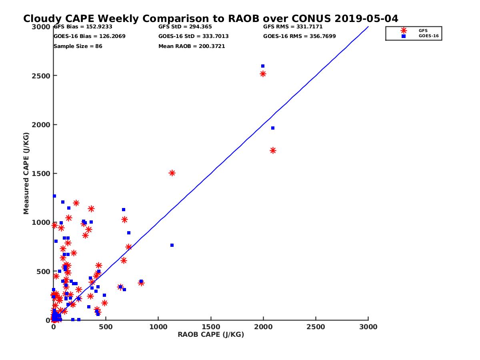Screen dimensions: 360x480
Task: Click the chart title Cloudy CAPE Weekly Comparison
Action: [210, 19]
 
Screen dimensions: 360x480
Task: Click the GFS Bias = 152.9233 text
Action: [83, 27]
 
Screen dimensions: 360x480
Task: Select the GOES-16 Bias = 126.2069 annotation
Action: [89, 36]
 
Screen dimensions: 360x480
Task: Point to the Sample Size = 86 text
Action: [78, 46]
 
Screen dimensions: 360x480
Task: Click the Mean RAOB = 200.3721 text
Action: [192, 46]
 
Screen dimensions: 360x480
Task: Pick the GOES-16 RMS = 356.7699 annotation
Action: [299, 36]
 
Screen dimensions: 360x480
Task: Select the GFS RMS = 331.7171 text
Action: [293, 27]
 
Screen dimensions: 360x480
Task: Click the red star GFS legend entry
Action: [404, 30]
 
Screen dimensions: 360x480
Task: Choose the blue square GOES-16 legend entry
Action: [404, 36]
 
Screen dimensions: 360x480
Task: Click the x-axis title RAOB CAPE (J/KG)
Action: [211, 335]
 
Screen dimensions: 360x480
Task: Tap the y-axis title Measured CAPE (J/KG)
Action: [26, 173]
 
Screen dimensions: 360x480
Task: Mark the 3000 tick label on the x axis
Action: [368, 327]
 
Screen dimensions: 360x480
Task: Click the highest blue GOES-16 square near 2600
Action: [263, 66]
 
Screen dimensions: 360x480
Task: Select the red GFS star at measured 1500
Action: [172, 173]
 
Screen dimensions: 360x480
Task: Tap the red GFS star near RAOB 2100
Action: [273, 150]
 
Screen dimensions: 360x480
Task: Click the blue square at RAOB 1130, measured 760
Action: [172, 245]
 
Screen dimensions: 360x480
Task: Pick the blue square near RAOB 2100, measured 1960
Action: [273, 128]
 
